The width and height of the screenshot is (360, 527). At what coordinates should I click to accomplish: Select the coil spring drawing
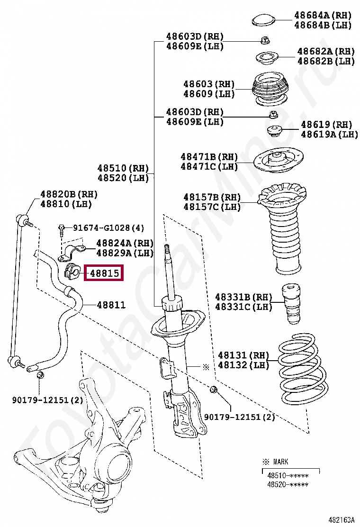(x=301, y=369)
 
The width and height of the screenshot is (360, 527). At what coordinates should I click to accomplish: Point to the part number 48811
(x=111, y=305)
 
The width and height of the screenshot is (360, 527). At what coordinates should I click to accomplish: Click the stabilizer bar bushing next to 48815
(x=71, y=273)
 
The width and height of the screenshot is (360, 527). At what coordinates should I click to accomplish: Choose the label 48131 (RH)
(x=243, y=355)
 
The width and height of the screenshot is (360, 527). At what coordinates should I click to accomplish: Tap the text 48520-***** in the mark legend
(x=288, y=484)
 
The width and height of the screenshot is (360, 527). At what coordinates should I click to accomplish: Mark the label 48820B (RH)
(x=69, y=194)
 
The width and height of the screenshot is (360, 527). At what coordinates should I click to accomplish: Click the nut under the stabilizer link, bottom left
(x=40, y=376)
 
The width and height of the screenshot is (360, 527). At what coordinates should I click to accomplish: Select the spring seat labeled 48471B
(x=279, y=162)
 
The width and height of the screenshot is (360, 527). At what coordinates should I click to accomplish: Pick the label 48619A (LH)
(x=330, y=135)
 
